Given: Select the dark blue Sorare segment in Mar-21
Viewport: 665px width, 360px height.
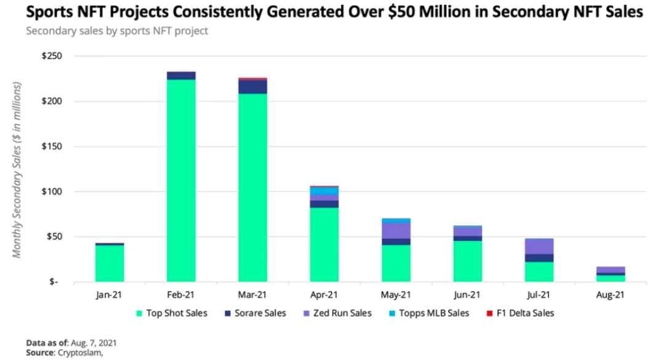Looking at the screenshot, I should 252,87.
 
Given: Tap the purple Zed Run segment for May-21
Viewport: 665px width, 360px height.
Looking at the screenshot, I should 396,230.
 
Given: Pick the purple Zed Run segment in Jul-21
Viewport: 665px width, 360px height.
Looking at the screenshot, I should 539,246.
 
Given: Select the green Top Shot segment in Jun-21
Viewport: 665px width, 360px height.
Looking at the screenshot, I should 467,261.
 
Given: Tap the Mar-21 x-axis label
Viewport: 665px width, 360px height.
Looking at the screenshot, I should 252,295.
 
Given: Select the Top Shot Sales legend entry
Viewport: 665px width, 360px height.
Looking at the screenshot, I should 175,313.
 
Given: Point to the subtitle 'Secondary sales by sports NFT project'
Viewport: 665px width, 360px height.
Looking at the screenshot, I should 117,31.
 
